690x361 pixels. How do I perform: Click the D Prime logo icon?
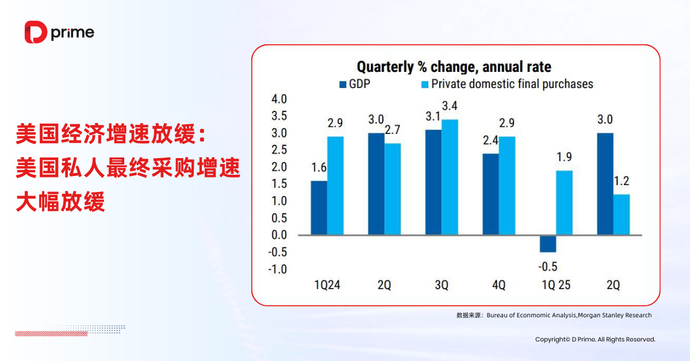(x=36, y=32)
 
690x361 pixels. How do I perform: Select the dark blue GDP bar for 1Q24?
(x=319, y=208)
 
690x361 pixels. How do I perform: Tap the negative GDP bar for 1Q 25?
(x=549, y=243)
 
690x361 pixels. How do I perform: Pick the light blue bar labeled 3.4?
(x=450, y=176)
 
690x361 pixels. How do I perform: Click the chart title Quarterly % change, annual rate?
(x=454, y=67)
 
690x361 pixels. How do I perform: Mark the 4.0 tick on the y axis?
(x=279, y=99)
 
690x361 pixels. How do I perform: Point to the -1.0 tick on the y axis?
(x=278, y=269)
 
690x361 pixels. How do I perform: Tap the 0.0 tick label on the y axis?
(x=279, y=235)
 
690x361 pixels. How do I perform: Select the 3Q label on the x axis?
(x=441, y=285)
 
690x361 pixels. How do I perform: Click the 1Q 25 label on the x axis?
(x=555, y=285)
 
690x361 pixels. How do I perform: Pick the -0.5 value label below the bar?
(x=547, y=267)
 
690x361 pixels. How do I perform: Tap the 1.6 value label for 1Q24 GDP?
(x=319, y=168)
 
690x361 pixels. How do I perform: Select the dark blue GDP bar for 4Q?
(x=490, y=194)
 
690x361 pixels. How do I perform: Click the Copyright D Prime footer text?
(x=595, y=340)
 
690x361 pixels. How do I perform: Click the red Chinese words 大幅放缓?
(x=61, y=202)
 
